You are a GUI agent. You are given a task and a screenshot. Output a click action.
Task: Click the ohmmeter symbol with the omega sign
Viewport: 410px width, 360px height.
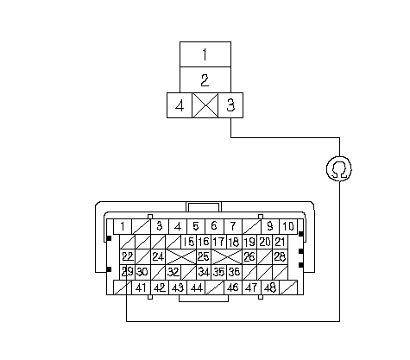339,169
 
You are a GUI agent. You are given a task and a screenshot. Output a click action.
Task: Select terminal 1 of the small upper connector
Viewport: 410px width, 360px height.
205,54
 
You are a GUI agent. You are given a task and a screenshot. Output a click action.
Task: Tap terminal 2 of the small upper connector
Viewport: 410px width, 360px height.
205,80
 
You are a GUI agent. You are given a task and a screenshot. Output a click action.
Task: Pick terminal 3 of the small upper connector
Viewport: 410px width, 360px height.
230,105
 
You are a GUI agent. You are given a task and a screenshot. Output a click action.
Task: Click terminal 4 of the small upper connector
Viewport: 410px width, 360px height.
180,105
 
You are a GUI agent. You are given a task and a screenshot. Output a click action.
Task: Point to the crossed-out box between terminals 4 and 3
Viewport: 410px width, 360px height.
205,105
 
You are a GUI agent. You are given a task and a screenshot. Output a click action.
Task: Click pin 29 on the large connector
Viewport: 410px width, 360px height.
127,272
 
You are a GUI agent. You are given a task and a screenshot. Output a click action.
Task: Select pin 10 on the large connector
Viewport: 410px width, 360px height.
288,226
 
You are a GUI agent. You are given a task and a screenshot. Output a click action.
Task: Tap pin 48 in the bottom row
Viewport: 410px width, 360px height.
270,287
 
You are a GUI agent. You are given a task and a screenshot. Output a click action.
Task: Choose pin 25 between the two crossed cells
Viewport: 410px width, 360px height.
204,256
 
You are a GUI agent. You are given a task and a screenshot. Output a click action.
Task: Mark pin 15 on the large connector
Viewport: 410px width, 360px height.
188,242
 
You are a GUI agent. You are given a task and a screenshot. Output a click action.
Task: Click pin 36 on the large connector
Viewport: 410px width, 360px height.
234,272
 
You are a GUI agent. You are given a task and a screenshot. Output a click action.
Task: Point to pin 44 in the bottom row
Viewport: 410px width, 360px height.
196,287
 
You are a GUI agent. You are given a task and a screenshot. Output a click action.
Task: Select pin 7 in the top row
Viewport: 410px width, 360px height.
233,226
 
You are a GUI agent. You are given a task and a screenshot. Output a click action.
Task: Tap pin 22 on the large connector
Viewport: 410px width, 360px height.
127,256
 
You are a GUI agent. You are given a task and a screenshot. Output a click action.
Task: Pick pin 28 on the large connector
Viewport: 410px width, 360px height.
280,256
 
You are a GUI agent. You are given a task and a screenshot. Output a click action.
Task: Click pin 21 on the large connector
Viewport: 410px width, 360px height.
280,242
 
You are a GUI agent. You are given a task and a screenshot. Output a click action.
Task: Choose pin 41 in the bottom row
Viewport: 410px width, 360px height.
141,287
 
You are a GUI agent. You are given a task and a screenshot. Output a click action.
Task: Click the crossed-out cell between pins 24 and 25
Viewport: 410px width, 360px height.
180,256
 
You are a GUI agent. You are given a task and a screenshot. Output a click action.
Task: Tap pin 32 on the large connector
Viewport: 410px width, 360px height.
173,272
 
